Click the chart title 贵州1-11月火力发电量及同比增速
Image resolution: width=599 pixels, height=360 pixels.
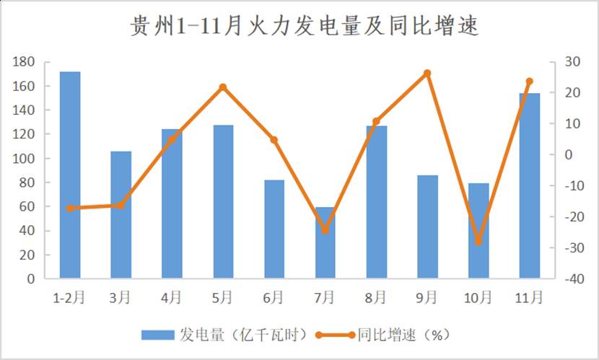pos(299,27)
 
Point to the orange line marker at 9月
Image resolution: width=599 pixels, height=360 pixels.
pos(427,73)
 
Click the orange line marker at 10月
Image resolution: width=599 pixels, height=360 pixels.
pos(478,241)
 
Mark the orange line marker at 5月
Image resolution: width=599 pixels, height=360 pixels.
pos(223,87)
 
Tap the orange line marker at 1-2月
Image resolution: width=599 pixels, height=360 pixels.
pos(70,208)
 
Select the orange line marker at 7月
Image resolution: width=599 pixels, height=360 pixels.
pos(325,230)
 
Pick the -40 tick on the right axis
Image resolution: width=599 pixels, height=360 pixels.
pos(564,279)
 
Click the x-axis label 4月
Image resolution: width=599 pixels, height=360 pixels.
pos(172,297)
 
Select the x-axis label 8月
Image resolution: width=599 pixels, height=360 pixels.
pos(376,297)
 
